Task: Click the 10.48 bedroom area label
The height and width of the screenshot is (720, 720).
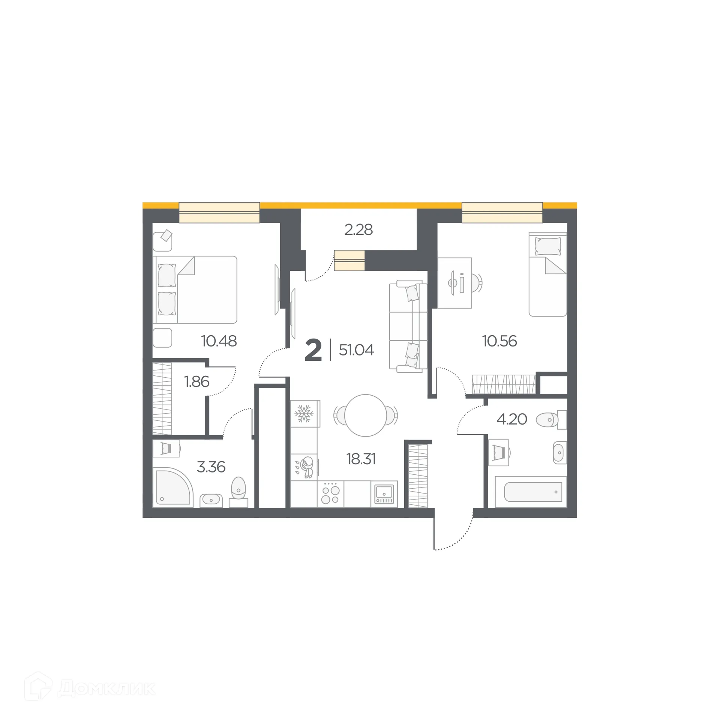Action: pos(219,341)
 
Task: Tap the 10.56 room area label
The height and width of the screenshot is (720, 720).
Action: pos(499,341)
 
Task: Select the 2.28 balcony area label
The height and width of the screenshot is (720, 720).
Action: pos(358,230)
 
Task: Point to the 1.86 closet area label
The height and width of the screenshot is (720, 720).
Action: pos(196,382)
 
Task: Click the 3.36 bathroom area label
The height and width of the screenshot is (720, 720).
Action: pos(211,467)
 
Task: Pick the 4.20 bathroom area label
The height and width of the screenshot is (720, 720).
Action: pos(512,419)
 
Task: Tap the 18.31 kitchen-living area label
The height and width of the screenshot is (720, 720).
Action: pos(361,459)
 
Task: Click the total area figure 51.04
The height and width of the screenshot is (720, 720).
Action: pos(356,350)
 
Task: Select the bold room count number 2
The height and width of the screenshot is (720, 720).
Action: pos(313,350)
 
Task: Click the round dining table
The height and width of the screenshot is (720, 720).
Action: pos(366,415)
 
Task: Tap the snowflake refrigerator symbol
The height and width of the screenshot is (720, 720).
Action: pos(304,414)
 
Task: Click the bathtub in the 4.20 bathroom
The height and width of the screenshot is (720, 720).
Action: pos(533,492)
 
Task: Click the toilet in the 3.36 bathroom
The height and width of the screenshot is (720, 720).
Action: pos(238,488)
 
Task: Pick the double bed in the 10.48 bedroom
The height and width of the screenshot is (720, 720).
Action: pos(195,289)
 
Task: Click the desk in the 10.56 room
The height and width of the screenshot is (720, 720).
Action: pos(454,283)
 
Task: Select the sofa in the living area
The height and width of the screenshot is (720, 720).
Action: pos(408,326)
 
